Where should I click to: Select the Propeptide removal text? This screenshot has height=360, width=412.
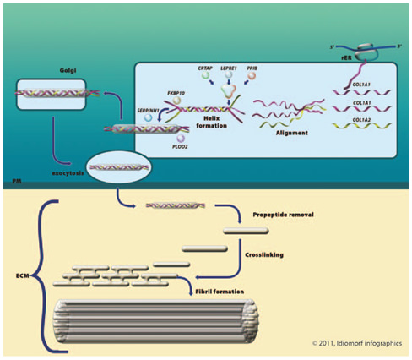(x=283, y=215)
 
